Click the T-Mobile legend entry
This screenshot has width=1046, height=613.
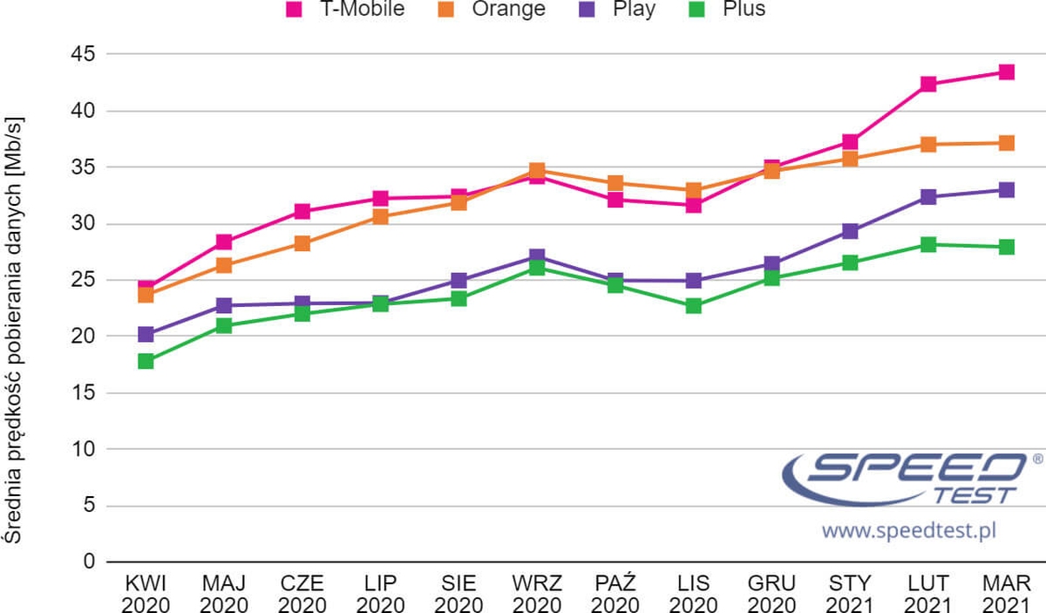pos(345,10)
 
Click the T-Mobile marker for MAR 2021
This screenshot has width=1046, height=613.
pos(1006,72)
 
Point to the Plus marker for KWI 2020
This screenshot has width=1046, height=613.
pos(146,361)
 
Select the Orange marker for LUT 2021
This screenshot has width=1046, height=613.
pos(928,145)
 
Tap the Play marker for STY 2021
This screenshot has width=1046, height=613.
pos(850,231)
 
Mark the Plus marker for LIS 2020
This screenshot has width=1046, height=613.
pos(694,306)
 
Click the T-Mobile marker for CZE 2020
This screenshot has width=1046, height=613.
pos(302,212)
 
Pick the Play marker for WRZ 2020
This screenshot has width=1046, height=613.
pos(537,257)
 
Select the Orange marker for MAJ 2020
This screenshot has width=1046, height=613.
pos(224,265)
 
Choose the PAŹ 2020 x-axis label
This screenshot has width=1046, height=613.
pos(615,594)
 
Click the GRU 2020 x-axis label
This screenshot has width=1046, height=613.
pos(771,594)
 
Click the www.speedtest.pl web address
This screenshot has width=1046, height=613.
pos(908,530)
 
